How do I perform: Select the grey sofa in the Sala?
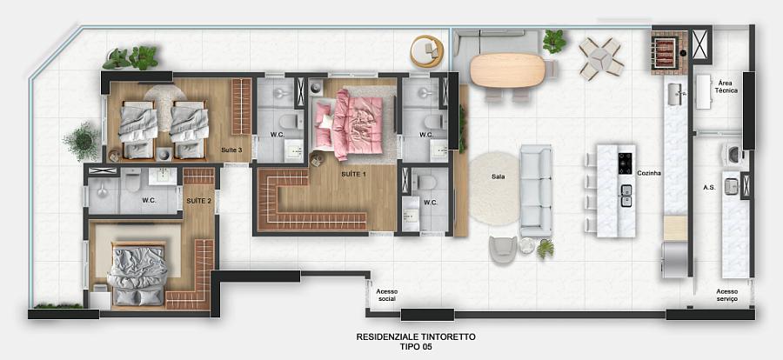pyautogui.click(x=536, y=190)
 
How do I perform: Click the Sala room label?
pyautogui.click(x=499, y=176)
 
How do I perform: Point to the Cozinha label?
pyautogui.click(x=649, y=173)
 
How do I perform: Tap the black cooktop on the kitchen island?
pyautogui.click(x=625, y=162)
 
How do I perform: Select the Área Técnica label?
pyautogui.click(x=726, y=84)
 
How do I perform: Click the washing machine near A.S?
pyautogui.click(x=733, y=155)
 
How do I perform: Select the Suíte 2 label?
pyautogui.click(x=198, y=200)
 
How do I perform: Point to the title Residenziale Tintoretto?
pyautogui.click(x=416, y=336)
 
